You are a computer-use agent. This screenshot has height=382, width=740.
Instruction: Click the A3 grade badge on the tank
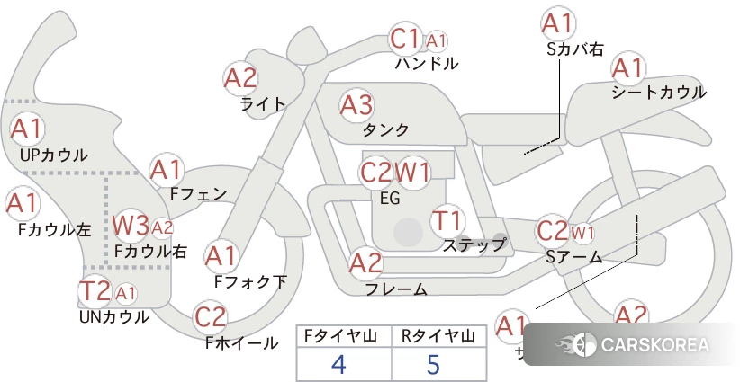tap(356, 106)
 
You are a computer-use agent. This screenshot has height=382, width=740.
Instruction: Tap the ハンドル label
tap(427, 64)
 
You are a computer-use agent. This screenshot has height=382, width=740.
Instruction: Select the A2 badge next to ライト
tap(240, 78)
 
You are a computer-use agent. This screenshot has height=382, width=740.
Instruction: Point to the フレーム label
tap(396, 289)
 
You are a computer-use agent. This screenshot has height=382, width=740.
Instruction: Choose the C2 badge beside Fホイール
tap(211, 317)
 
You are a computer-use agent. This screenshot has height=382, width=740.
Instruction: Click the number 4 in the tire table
tap(339, 363)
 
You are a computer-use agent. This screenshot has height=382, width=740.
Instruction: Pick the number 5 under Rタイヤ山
tap(434, 363)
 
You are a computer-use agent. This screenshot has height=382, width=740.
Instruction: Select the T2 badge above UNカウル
tap(95, 291)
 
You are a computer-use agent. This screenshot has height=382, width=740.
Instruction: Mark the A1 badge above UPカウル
tap(25, 129)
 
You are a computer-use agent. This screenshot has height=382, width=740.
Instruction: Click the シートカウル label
tap(658, 92)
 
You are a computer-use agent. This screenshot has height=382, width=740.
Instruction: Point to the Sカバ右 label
tap(575, 49)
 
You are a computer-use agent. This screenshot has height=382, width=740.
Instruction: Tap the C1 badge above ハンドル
tap(405, 40)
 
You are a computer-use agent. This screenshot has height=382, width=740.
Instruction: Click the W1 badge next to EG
tap(413, 172)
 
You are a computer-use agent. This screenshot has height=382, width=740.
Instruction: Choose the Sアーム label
tap(573, 257)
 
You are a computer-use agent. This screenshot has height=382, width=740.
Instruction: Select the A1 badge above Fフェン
tap(167, 169)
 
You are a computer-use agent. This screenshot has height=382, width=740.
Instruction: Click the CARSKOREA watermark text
tap(654, 345)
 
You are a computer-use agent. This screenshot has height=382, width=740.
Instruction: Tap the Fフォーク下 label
tap(250, 281)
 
